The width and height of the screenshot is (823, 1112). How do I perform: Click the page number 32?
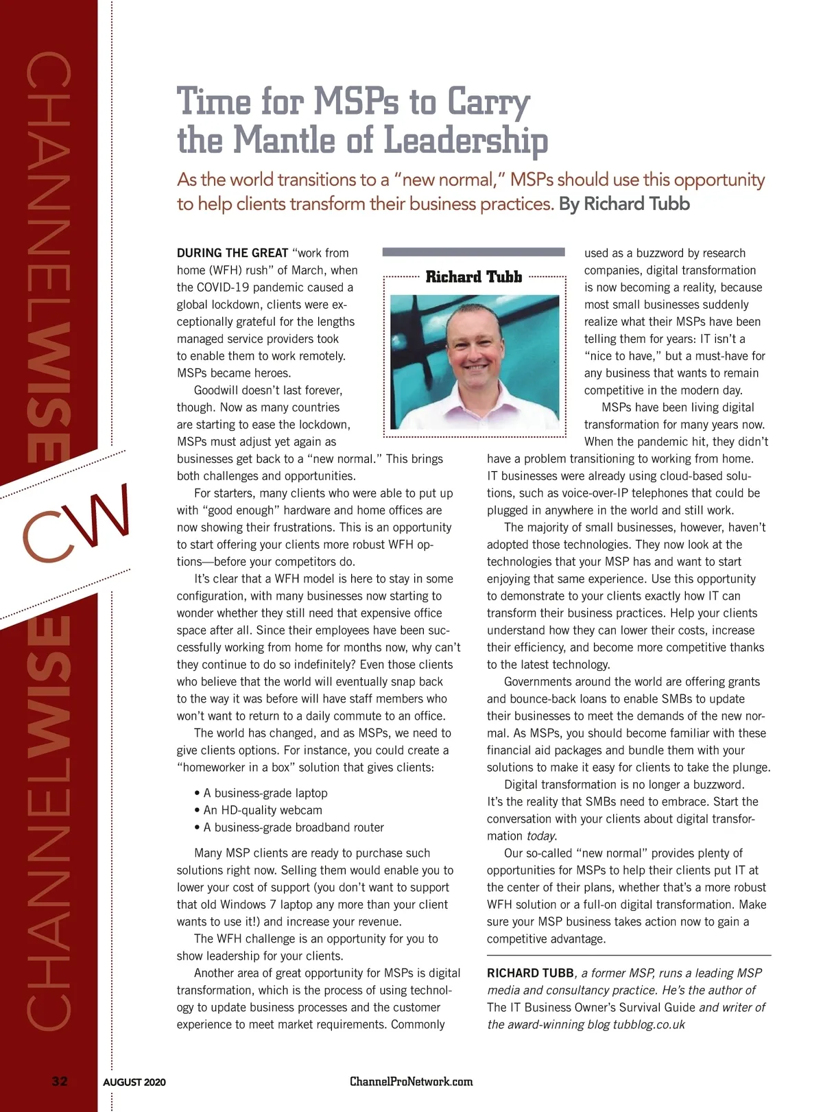pos(60,1082)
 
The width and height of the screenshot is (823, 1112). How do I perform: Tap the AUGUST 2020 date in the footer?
pos(134,1083)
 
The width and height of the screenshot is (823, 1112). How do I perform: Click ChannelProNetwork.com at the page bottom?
pos(411,1082)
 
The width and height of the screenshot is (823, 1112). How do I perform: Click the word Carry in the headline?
pos(488,102)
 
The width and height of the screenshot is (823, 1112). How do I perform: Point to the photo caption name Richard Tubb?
pos(474,277)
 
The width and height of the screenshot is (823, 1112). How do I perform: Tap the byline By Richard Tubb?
pos(624,204)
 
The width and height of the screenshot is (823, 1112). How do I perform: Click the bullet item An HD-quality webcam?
pos(262,810)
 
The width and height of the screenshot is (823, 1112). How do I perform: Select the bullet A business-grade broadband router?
pos(293,827)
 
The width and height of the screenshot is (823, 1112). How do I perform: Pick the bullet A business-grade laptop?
pos(265,793)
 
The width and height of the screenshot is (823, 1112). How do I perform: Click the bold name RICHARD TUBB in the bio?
pos(530,973)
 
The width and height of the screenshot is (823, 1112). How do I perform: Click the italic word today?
pos(542,836)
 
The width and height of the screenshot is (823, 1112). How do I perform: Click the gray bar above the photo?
pos(473,252)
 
